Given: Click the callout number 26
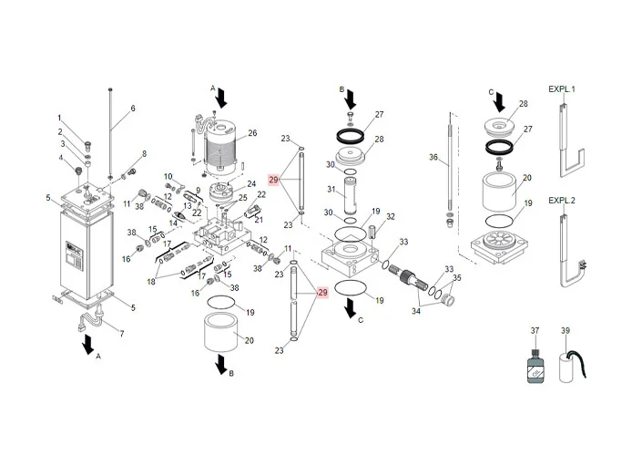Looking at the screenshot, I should pyautogui.click(x=252, y=133).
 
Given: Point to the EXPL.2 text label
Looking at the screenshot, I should pyautogui.click(x=561, y=200).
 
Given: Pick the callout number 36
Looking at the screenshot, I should pyautogui.click(x=434, y=157).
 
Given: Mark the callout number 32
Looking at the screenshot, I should pyautogui.click(x=390, y=216).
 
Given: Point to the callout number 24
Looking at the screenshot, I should pyautogui.click(x=251, y=184).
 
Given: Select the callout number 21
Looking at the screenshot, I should pyautogui.click(x=258, y=219).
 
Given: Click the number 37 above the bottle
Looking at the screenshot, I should pyautogui.click(x=535, y=330).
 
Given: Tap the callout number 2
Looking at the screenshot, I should pyautogui.click(x=61, y=131).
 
